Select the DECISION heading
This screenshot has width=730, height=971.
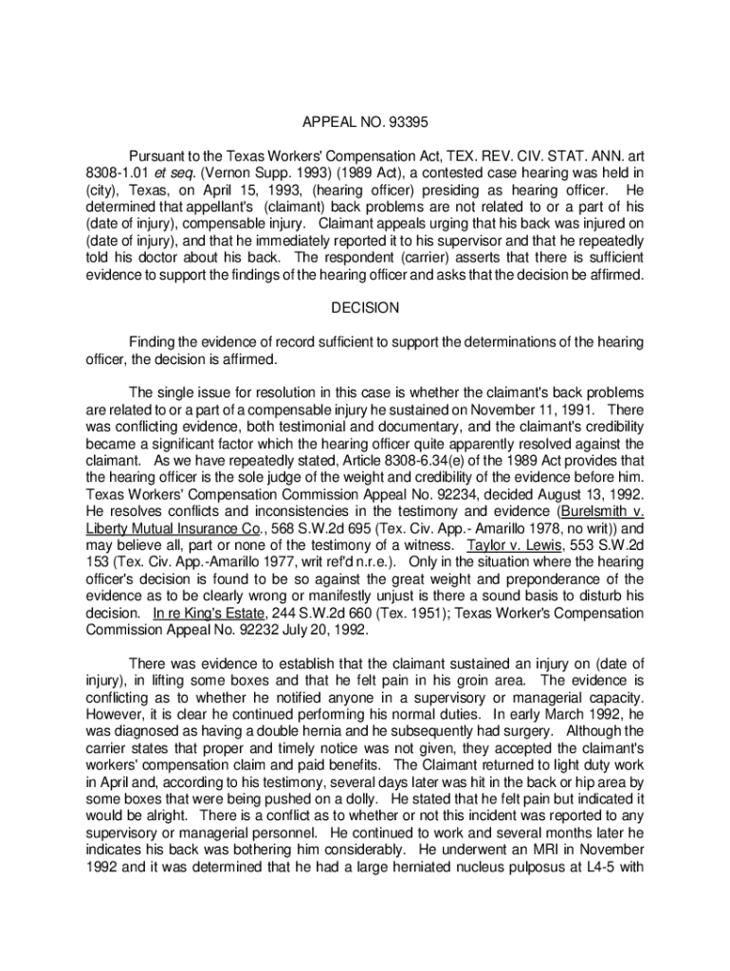coord(365,308)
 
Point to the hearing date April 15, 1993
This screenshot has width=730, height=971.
coord(243,188)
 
